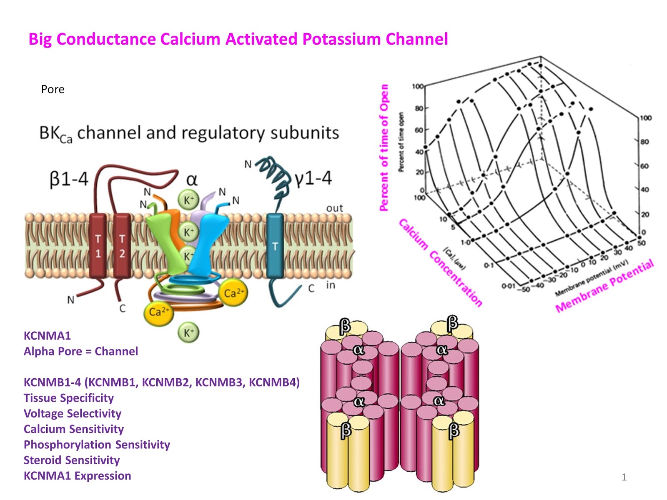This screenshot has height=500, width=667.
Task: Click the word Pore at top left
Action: [53, 89]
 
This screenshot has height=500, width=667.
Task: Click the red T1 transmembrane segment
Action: [98, 246]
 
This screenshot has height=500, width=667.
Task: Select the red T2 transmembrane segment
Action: [122, 246]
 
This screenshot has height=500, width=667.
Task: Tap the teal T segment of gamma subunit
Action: [275, 246]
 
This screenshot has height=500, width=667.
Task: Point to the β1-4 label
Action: [69, 180]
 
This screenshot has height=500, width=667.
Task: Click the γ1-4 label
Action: [313, 179]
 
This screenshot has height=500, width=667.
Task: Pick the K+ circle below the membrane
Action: [188, 332]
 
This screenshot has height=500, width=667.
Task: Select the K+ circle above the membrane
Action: [188, 200]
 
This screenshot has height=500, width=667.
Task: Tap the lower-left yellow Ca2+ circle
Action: [158, 312]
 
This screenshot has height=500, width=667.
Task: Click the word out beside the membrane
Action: [334, 208]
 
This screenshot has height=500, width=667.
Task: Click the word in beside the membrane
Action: [330, 285]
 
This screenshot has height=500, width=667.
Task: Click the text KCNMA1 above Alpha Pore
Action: [47, 336]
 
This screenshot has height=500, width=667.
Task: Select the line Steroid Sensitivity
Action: [72, 460]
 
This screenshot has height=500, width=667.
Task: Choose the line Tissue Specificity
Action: [68, 398]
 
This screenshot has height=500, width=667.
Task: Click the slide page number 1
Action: [624, 477]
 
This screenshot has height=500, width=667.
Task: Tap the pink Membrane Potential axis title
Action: [604, 287]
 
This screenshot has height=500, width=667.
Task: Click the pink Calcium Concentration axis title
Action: [440, 262]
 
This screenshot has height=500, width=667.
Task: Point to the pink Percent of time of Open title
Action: [384, 148]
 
